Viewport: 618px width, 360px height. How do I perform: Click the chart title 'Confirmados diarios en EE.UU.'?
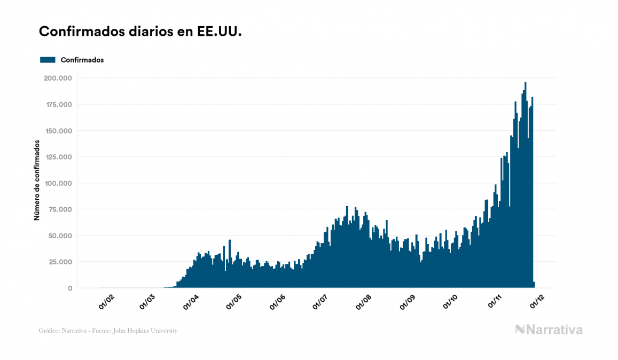coord(140,32)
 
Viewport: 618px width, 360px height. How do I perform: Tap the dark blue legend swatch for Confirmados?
coord(48,60)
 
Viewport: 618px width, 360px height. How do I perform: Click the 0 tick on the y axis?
coord(69,288)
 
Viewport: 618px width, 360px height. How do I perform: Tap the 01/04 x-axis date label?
coord(191,302)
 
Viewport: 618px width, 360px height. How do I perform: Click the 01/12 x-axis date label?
coord(537,302)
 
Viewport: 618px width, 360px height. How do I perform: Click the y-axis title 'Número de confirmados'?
coord(37,181)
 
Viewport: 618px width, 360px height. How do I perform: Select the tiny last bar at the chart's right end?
coord(534,285)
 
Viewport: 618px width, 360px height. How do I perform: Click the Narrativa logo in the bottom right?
coord(549,330)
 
